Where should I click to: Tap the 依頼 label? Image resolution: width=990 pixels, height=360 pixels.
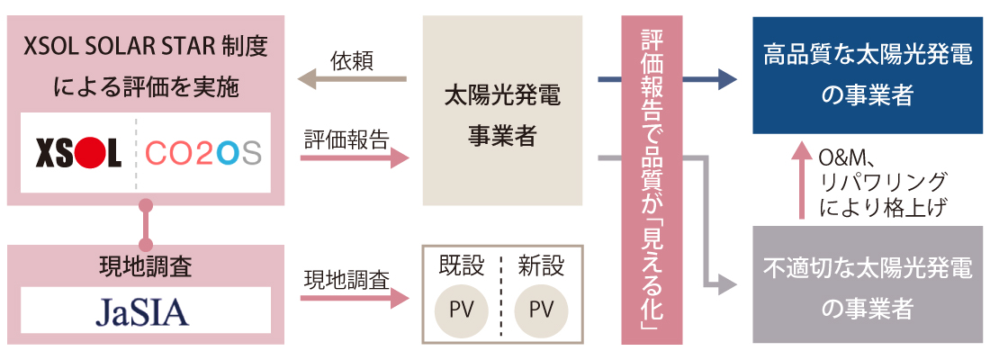[352, 60]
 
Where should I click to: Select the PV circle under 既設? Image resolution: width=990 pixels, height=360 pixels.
[461, 310]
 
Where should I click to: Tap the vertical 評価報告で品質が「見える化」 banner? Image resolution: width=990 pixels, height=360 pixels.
[652, 180]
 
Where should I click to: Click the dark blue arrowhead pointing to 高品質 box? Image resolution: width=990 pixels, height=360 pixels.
[726, 80]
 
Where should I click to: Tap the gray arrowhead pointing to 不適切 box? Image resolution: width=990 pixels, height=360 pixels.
[726, 286]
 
